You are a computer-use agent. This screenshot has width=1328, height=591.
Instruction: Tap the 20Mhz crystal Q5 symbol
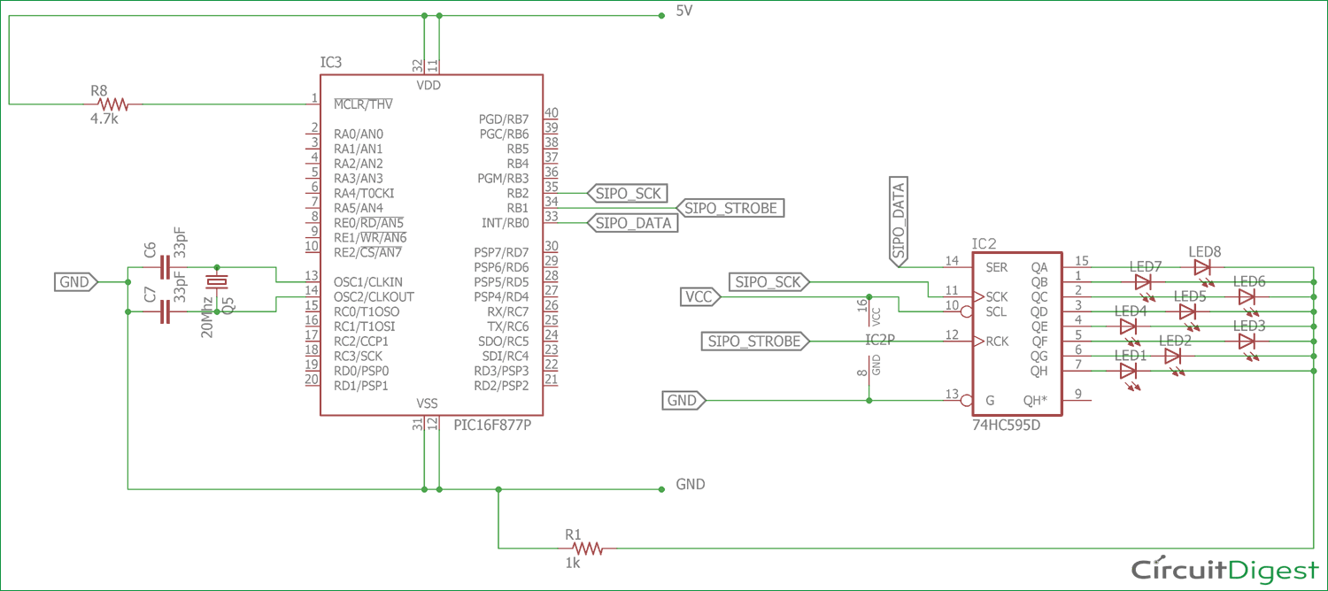pyautogui.click(x=216, y=281)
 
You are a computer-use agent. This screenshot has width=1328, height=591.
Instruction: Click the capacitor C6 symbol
pyautogui.click(x=163, y=265)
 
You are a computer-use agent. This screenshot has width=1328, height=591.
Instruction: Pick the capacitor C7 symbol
pyautogui.click(x=163, y=311)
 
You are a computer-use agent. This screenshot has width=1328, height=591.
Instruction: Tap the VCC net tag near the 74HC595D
pyautogui.click(x=699, y=296)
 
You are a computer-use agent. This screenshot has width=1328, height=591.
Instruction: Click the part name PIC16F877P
pyautogui.click(x=492, y=425)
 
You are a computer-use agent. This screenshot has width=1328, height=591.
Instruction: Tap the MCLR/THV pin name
pyautogui.click(x=363, y=104)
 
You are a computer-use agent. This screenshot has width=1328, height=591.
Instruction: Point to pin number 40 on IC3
pyautogui.click(x=552, y=112)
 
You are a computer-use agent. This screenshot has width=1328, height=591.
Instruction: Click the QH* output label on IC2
pyautogui.click(x=1036, y=400)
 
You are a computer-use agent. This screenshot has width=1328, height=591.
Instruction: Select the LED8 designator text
pyautogui.click(x=1205, y=251)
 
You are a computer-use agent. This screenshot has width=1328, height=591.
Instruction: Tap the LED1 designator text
pyautogui.click(x=1131, y=356)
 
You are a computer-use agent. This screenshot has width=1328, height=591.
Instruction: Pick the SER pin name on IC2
pyautogui.click(x=996, y=266)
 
